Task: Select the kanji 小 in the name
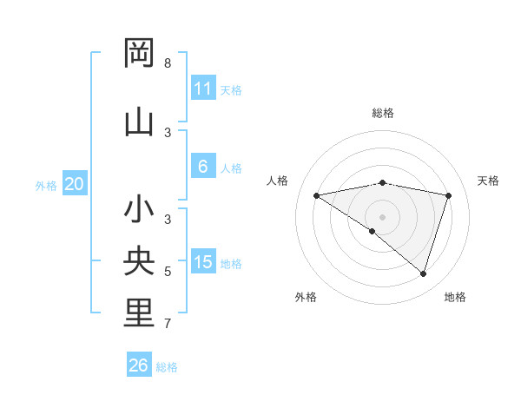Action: click(x=139, y=209)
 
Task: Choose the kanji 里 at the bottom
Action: click(x=139, y=313)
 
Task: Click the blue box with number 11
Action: click(x=202, y=89)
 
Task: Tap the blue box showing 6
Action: click(x=202, y=167)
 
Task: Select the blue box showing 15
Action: click(x=202, y=262)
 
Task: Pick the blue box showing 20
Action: click(x=75, y=184)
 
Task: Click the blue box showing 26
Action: click(x=138, y=365)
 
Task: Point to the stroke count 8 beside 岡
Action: click(x=167, y=63)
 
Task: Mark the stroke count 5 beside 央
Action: click(x=167, y=272)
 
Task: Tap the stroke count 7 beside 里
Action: click(x=167, y=324)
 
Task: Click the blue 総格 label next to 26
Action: click(x=167, y=367)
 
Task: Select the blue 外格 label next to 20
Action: click(x=46, y=186)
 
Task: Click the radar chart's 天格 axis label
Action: click(x=488, y=181)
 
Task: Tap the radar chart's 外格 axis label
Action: click(x=306, y=297)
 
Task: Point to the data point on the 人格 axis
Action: click(x=317, y=195)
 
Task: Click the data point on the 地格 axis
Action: click(x=423, y=273)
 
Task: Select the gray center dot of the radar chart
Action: click(x=382, y=216)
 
